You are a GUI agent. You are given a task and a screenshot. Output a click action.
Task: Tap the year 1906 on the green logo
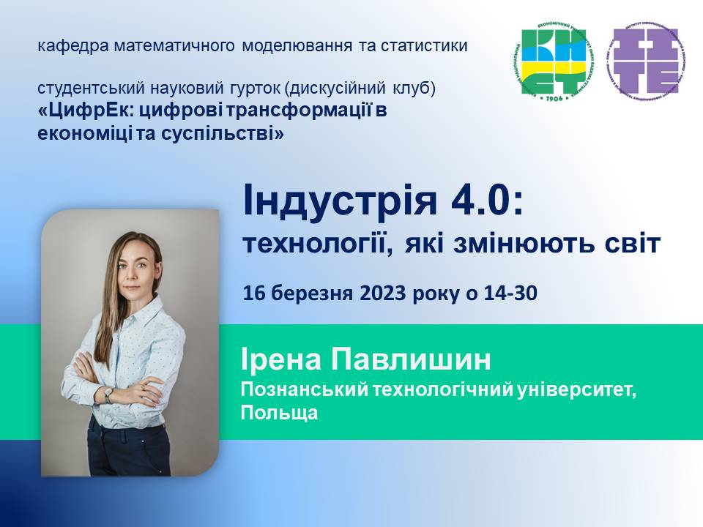point(554,97)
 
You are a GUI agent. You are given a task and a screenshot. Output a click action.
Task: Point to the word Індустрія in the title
point(341,202)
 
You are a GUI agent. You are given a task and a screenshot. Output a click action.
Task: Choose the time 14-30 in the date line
point(510,294)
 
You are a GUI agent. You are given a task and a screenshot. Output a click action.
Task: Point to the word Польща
point(279,413)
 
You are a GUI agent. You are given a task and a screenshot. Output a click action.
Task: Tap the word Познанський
point(305,389)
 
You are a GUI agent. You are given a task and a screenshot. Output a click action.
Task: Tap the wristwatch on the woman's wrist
point(108,395)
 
